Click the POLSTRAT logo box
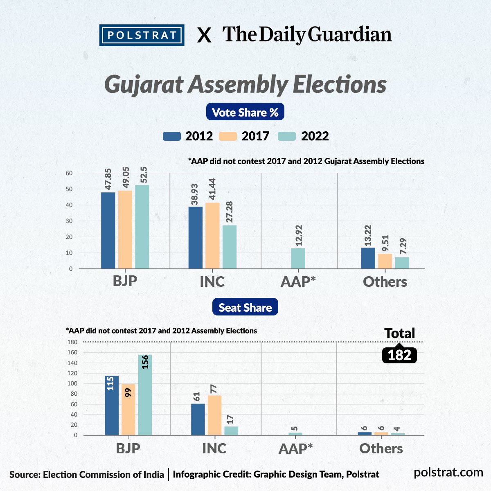[x=142, y=35]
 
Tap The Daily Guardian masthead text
[x=307, y=34]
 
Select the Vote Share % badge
[x=245, y=112]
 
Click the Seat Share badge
[x=245, y=307]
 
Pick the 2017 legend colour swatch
[x=228, y=136]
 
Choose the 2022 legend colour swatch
[x=287, y=136]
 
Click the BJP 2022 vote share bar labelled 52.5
[x=142, y=227]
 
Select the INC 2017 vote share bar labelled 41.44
[x=212, y=236]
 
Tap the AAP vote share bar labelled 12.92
[x=298, y=258]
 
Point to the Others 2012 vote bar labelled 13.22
[x=368, y=258]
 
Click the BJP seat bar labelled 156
[x=145, y=395]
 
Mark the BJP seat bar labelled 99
[x=128, y=410]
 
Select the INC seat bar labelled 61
[x=198, y=419]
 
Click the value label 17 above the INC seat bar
[x=230, y=419]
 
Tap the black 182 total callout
[x=399, y=355]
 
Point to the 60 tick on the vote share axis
[x=69, y=173]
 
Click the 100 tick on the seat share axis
[x=72, y=383]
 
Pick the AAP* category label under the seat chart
[x=295, y=449]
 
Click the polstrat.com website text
[x=448, y=473]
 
